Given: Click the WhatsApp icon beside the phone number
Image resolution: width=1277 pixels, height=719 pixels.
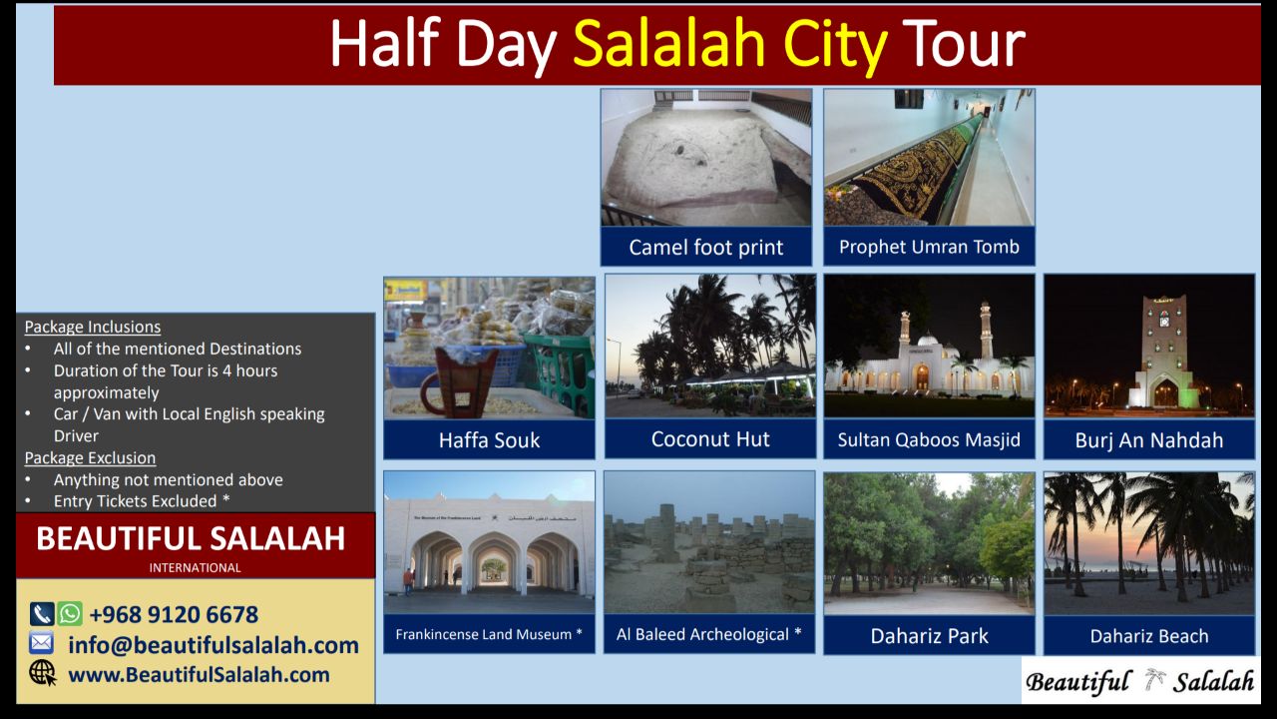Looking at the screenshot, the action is tap(70, 614).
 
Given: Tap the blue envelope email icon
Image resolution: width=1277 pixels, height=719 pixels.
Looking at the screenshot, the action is tap(42, 643).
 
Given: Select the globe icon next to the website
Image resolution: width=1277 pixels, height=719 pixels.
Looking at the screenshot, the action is tap(43, 673).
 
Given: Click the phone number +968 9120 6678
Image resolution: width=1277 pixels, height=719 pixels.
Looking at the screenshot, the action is tap(174, 614).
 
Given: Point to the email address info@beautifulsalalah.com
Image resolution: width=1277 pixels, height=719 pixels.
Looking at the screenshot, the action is tap(213, 645).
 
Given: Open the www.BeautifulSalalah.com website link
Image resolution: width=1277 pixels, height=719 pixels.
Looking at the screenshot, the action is tap(199, 675).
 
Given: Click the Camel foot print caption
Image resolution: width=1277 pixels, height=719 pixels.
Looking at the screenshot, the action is tap(705, 247).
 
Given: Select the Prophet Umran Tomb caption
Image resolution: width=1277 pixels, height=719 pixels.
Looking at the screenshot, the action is tap(929, 247).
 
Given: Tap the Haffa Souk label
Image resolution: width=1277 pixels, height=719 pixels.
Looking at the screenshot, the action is tap(489, 440).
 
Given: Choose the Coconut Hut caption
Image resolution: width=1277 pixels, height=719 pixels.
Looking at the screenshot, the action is tap(710, 438).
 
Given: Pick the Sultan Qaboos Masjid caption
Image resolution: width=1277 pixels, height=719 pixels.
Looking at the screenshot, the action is tap(929, 440).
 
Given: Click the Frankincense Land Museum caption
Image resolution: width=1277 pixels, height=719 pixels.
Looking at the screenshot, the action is tap(489, 634).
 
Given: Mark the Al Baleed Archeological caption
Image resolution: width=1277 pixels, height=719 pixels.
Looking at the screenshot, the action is tap(709, 634).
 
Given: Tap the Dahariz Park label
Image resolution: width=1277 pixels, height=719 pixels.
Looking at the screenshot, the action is tap(929, 636).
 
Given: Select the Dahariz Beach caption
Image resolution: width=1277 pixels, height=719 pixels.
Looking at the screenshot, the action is tap(1149, 636).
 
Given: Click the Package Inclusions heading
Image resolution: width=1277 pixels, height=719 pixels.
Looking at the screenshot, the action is tap(93, 327).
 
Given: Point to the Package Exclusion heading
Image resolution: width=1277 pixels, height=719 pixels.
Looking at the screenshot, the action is tap(90, 458).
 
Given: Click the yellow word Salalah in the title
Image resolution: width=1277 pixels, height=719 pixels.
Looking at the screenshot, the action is tap(668, 44).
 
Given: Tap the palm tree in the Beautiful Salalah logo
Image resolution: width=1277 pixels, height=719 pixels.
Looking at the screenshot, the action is tap(1154, 679).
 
